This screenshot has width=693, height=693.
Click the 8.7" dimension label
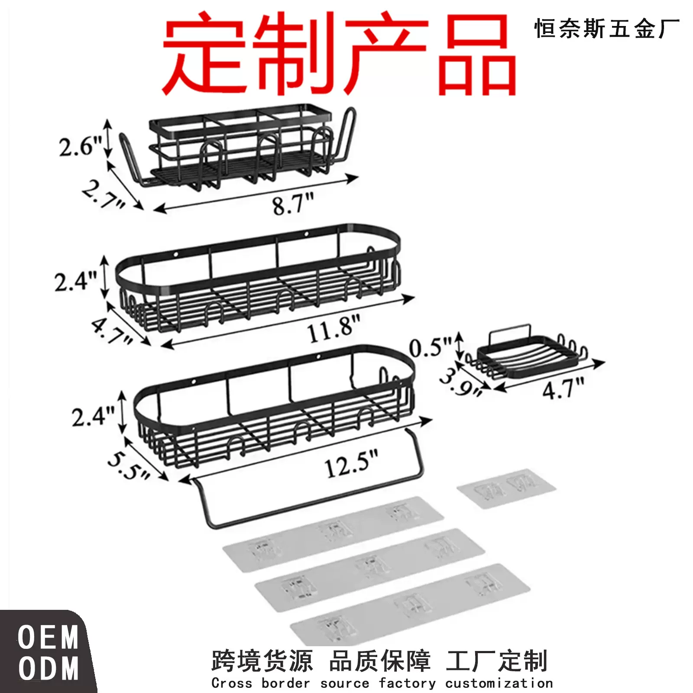(293, 204)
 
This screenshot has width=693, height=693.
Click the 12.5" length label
(351, 464)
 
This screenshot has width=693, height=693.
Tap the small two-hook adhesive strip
(506, 488)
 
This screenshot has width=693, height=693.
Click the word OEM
(48, 638)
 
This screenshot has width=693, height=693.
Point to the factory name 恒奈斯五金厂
(607, 29)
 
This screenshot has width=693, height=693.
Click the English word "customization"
(499, 683)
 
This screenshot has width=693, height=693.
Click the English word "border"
(286, 683)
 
